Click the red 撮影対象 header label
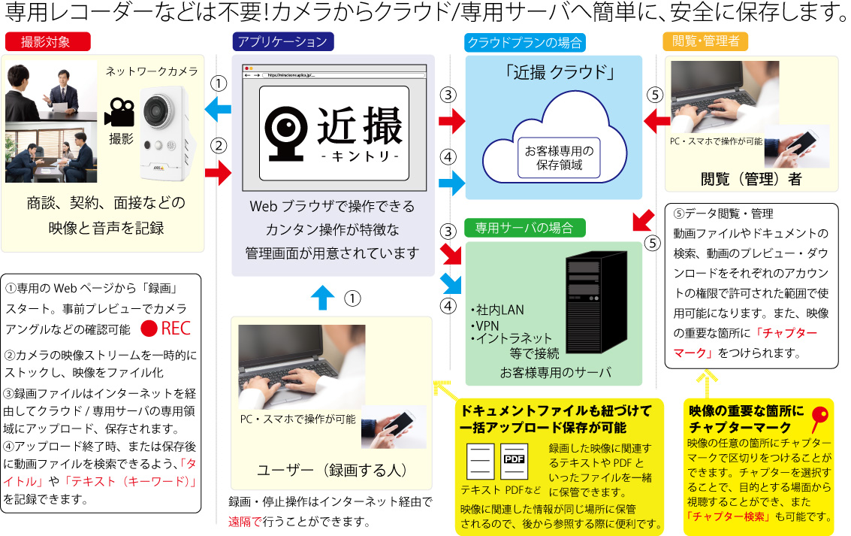(x=47, y=42)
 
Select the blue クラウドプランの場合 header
(x=525, y=42)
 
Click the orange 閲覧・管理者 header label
(x=705, y=41)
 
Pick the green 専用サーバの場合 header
(x=524, y=226)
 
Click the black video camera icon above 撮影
(x=119, y=112)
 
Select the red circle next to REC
(x=149, y=329)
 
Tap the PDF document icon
(x=514, y=460)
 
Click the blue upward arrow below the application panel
(x=322, y=298)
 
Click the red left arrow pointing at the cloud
(x=657, y=119)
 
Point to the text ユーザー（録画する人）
(x=331, y=471)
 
